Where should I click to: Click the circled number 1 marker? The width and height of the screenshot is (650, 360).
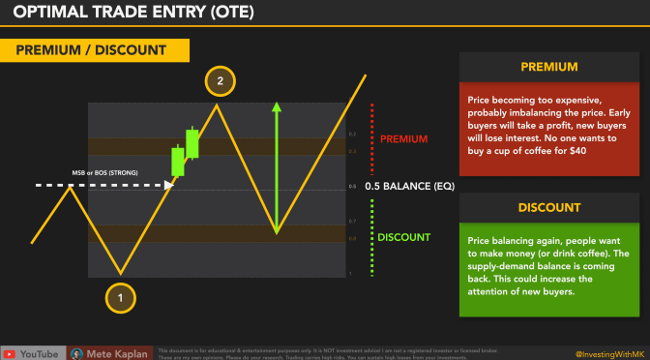[x=120, y=298]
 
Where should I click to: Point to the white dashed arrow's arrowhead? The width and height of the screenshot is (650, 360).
[x=169, y=184]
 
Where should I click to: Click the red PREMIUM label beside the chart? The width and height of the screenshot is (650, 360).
[x=403, y=139]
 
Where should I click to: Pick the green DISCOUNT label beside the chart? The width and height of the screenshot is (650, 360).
[x=404, y=237]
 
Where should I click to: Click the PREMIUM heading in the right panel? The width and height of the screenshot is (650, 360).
[x=547, y=69]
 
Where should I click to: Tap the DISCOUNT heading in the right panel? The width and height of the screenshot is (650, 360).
[x=547, y=207]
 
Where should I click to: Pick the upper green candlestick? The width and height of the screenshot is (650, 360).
[x=192, y=142]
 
